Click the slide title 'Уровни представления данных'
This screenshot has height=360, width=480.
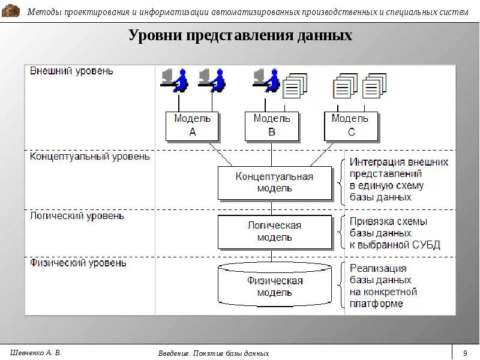pyautogui.click(x=240, y=36)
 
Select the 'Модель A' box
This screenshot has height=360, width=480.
pyautogui.click(x=192, y=125)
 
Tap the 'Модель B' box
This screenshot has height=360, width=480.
pyautogui.click(x=271, y=125)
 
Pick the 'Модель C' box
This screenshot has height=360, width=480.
pyautogui.click(x=351, y=125)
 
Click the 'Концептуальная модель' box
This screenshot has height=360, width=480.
pyautogui.click(x=274, y=182)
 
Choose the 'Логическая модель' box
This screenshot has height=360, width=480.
pyautogui.click(x=274, y=231)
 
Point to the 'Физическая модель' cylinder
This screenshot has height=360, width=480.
pyautogui.click(x=274, y=287)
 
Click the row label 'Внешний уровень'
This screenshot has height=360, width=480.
pyautogui.click(x=71, y=71)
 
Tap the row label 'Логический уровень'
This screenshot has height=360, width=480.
pyautogui.click(x=77, y=215)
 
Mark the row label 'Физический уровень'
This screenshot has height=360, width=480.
pyautogui.click(x=78, y=263)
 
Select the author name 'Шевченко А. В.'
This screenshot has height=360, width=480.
pyautogui.click(x=36, y=352)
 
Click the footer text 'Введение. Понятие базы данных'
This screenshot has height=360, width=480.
pyautogui.click(x=214, y=353)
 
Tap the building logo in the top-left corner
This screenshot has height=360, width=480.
pyautogui.click(x=11, y=10)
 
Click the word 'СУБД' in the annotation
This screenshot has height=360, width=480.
pyautogui.click(x=425, y=245)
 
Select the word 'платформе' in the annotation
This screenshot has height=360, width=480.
pyautogui.click(x=376, y=304)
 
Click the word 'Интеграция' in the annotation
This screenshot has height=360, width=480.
pyautogui.click(x=377, y=162)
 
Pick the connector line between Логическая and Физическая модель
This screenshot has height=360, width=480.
pyautogui.click(x=272, y=256)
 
